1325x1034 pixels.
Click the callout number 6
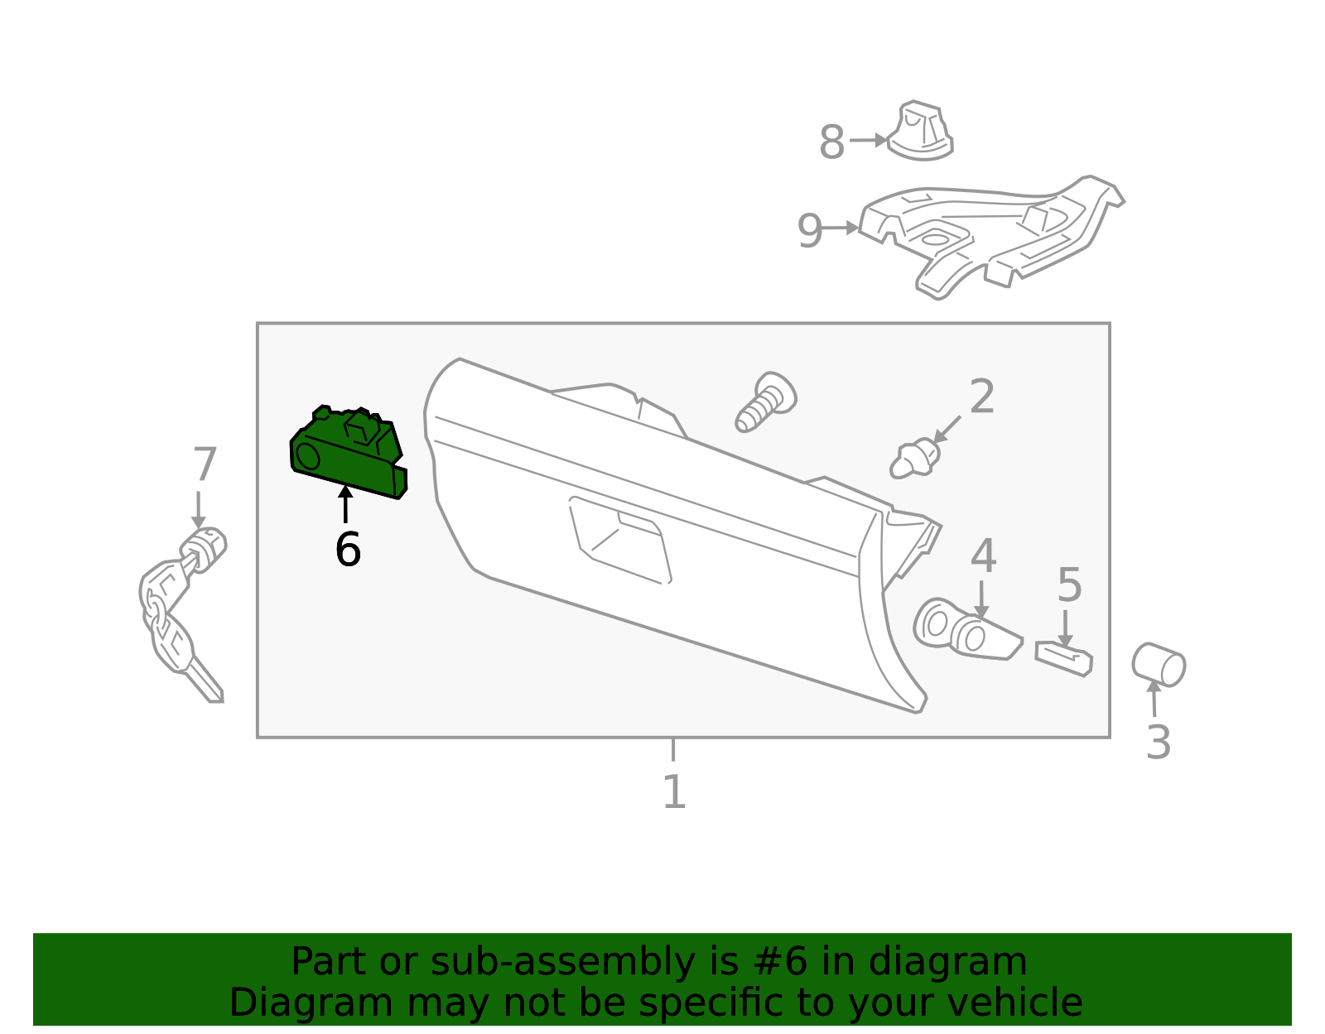click(x=348, y=550)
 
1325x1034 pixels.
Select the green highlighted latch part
click(x=348, y=454)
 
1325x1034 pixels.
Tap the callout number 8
click(x=831, y=142)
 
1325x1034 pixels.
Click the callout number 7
click(x=205, y=465)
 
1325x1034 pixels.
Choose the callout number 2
click(x=982, y=397)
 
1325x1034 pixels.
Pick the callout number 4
click(x=983, y=556)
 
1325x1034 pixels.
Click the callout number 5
click(x=1070, y=586)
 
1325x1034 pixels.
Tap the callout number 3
click(x=1158, y=742)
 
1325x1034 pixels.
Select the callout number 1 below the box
click(x=674, y=792)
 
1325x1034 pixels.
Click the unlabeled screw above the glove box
click(x=765, y=402)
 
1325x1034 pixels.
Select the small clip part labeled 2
click(x=914, y=459)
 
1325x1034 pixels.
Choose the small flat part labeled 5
click(x=1063, y=658)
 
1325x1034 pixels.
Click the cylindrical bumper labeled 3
click(x=1159, y=664)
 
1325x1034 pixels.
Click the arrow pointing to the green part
click(x=345, y=505)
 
